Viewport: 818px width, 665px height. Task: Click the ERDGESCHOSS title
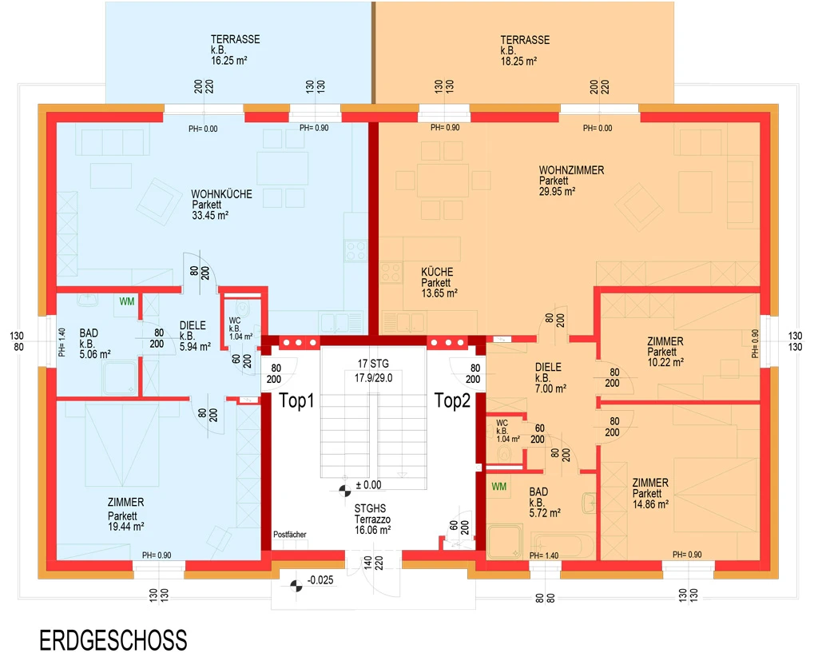tap(113, 640)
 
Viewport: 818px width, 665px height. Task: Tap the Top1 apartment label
tap(296, 400)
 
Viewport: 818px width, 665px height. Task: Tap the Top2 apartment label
tap(452, 400)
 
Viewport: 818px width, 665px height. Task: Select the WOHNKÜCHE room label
tap(221, 194)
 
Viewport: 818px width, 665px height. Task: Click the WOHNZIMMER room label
tap(571, 170)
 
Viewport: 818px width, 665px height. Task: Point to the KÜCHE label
tap(437, 272)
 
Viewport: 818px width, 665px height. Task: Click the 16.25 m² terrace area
tap(229, 61)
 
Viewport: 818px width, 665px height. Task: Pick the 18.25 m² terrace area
tap(518, 61)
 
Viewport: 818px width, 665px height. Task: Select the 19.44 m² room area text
tap(125, 527)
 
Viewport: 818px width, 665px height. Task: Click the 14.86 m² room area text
tap(650, 504)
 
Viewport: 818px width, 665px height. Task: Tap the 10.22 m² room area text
tap(665, 362)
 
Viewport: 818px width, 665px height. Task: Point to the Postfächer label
tap(289, 535)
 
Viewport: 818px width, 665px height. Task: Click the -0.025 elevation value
tap(320, 580)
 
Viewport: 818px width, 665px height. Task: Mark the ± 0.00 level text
tap(368, 485)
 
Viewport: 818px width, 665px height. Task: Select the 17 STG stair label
tap(373, 364)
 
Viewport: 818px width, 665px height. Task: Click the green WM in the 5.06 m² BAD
tap(127, 301)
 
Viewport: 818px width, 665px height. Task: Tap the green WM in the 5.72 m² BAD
tap(498, 487)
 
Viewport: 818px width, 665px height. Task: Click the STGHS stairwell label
tap(370, 508)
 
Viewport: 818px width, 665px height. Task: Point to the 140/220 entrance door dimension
tap(374, 563)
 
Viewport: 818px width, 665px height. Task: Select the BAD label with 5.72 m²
tap(538, 492)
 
